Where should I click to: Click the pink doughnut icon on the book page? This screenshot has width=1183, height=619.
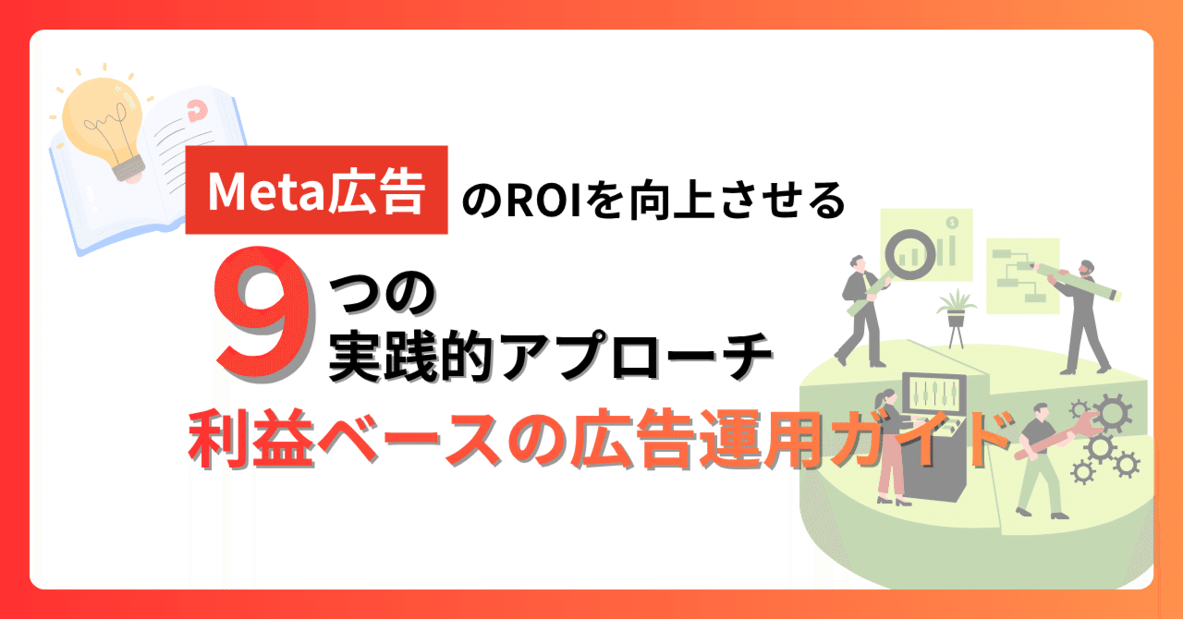pyautogui.click(x=195, y=109)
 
